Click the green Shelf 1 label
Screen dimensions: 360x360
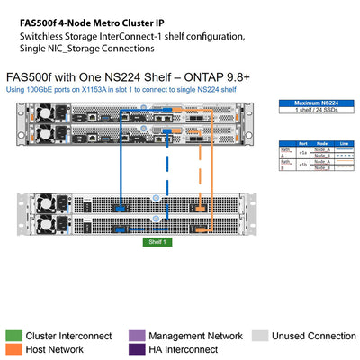pyautogui.click(x=157, y=242)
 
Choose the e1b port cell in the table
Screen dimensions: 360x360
pyautogui.click(x=302, y=165)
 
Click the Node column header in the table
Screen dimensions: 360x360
pyautogui.click(x=321, y=142)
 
